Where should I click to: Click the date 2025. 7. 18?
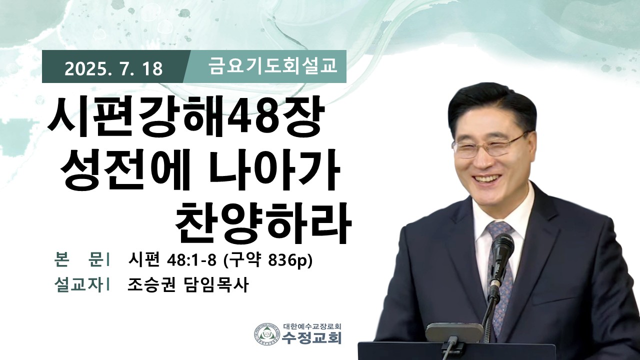pos(113,69)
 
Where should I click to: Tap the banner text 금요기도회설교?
pos(273,66)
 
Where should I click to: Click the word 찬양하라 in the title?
pos(263,223)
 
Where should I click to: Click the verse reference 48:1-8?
pos(191,260)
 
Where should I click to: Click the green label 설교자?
pos(78,284)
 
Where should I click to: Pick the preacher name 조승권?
pos(151,284)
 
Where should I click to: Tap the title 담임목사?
pos(215,284)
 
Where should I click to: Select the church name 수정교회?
pos(311,337)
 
